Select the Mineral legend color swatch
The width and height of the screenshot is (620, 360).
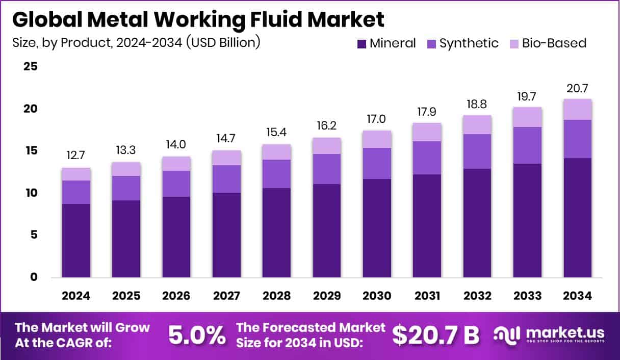click(x=361, y=44)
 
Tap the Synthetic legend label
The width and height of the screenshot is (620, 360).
click(x=469, y=43)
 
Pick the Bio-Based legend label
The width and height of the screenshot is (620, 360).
click(x=554, y=43)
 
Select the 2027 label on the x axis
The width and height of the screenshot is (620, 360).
click(x=226, y=296)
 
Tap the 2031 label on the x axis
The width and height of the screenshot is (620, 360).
click(x=427, y=296)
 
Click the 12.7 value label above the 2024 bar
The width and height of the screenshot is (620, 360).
click(x=76, y=155)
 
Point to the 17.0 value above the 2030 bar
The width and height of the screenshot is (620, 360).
click(x=377, y=119)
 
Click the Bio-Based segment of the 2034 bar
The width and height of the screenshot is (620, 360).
click(x=578, y=109)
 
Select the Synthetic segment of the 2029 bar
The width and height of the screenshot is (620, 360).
click(x=327, y=169)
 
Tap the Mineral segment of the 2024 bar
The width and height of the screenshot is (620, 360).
click(x=76, y=241)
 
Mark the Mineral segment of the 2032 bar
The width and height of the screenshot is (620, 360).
click(x=477, y=223)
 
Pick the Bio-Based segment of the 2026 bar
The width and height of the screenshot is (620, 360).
click(x=176, y=163)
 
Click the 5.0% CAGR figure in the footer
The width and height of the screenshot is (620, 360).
click(x=197, y=335)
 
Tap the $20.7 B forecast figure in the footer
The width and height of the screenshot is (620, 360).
click(x=436, y=335)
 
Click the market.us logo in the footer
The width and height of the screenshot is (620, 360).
click(x=550, y=335)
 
